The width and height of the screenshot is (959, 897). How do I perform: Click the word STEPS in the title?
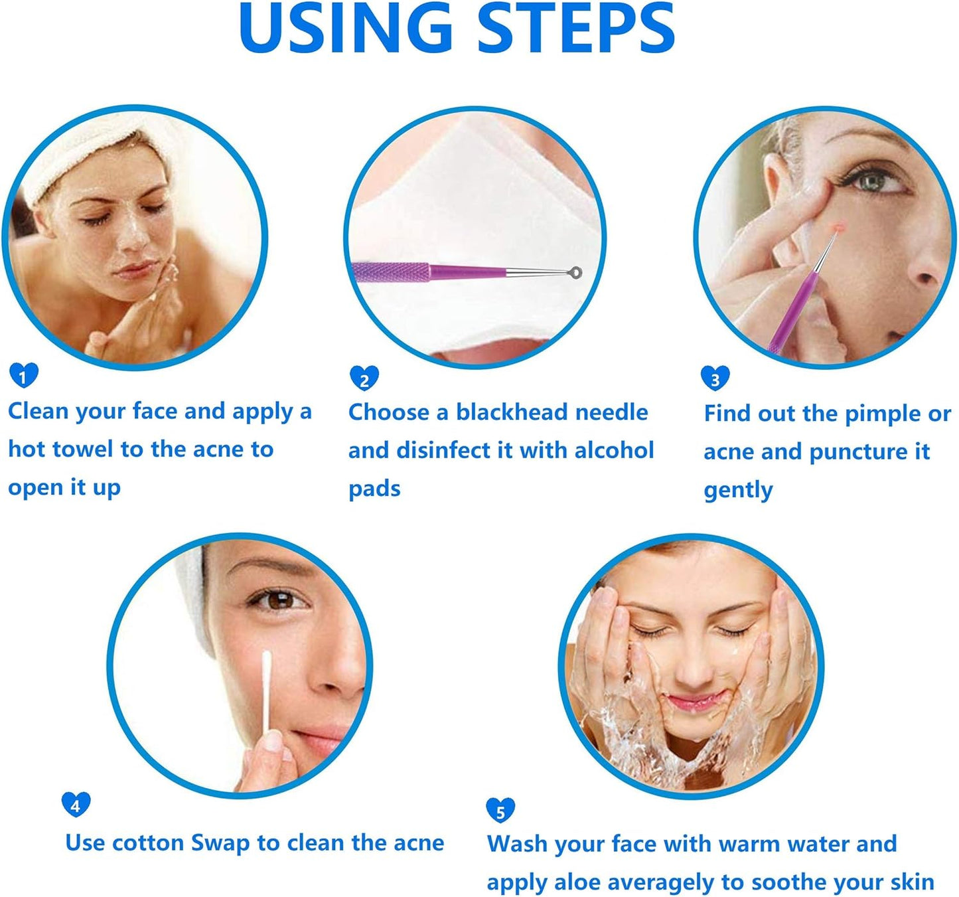click(576, 28)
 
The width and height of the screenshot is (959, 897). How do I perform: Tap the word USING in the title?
click(345, 28)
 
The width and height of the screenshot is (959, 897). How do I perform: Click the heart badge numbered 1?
click(24, 375)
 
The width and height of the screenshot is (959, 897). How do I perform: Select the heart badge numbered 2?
click(364, 378)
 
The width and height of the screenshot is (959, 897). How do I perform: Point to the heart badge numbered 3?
click(715, 378)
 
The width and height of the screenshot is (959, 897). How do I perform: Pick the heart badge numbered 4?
click(76, 804)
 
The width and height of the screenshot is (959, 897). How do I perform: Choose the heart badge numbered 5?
click(500, 810)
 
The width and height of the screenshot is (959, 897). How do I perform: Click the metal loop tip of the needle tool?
click(575, 272)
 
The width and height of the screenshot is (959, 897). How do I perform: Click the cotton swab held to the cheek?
click(267, 691)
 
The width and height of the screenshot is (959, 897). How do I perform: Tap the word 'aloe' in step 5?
click(577, 882)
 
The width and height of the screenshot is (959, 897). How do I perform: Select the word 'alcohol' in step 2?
click(614, 450)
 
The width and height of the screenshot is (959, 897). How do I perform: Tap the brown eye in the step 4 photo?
click(279, 601)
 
